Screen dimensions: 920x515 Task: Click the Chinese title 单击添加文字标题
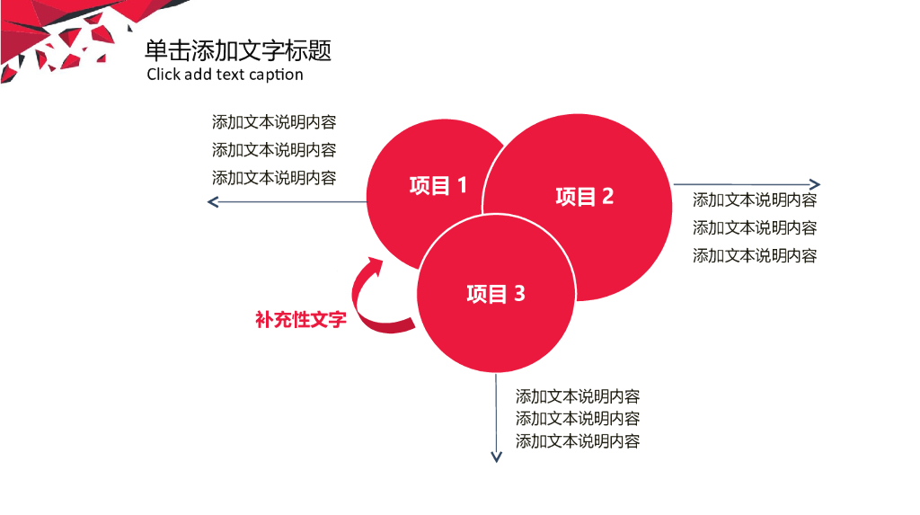pyautogui.click(x=238, y=50)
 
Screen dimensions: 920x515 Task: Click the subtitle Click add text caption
pyautogui.click(x=225, y=75)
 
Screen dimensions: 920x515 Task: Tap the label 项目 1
pyautogui.click(x=438, y=186)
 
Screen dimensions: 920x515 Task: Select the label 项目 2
pyautogui.click(x=584, y=197)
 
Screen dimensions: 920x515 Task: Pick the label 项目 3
pyautogui.click(x=495, y=294)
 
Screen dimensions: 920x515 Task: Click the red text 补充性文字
pyautogui.click(x=300, y=320)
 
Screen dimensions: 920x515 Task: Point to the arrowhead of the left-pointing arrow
pyautogui.click(x=213, y=202)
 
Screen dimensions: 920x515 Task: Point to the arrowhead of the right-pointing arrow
pyautogui.click(x=814, y=185)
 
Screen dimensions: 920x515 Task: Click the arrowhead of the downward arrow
pyautogui.click(x=495, y=457)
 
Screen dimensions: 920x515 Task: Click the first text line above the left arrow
pyautogui.click(x=274, y=122)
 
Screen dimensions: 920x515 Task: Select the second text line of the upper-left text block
pyautogui.click(x=274, y=150)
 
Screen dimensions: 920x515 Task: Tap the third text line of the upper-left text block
pyautogui.click(x=274, y=178)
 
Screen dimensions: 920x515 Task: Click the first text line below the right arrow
pyautogui.click(x=755, y=200)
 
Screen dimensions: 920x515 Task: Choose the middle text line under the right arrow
pyautogui.click(x=755, y=228)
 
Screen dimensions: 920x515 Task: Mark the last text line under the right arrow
pyautogui.click(x=755, y=256)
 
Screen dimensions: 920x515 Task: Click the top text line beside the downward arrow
pyautogui.click(x=578, y=396)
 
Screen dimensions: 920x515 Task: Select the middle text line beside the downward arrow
pyautogui.click(x=578, y=419)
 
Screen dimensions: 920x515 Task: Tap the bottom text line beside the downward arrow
pyautogui.click(x=578, y=441)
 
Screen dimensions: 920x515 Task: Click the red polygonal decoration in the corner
pyautogui.click(x=54, y=36)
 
